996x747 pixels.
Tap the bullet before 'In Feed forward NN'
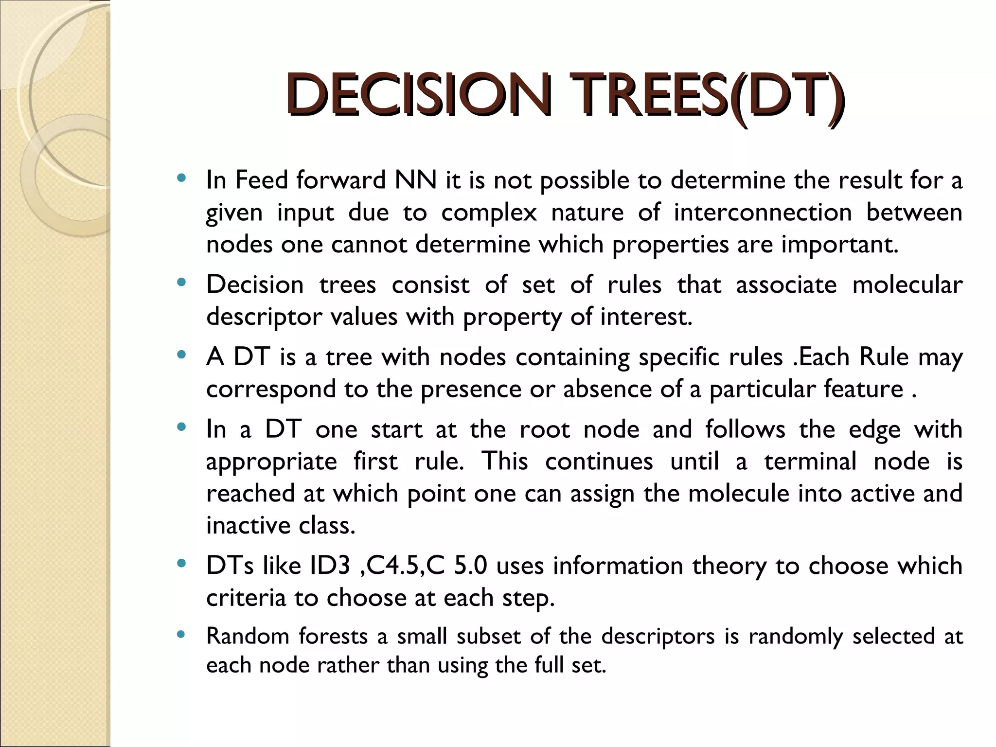(181, 178)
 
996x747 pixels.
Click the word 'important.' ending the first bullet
(840, 244)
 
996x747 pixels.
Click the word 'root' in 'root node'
(544, 429)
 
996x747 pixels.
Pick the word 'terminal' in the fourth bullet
(810, 461)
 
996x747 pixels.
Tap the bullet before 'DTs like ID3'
(181, 564)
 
